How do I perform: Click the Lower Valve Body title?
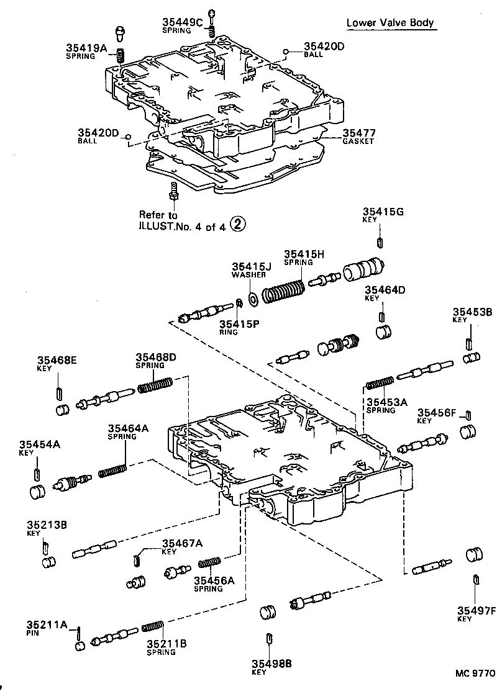pos(390,24)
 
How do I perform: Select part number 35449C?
pos(183,22)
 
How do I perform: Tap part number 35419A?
pos(87,48)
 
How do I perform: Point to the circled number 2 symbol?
pos(238,227)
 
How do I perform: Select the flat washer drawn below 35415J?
pos(253,299)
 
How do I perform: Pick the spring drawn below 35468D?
pos(154,386)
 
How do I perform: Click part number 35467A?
pos(183,544)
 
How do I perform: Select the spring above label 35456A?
pos(210,563)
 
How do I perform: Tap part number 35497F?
pos(476,611)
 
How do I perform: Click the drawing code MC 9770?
pos(474,673)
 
